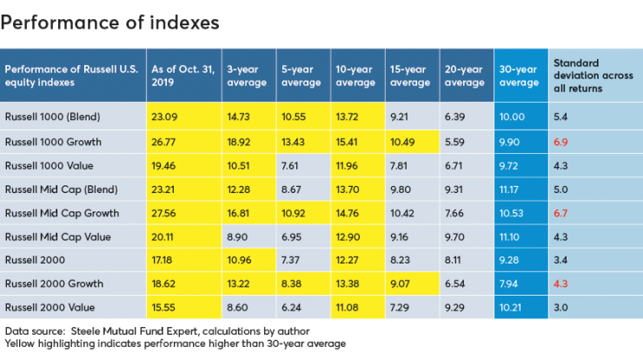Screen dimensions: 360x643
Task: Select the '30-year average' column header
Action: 520,76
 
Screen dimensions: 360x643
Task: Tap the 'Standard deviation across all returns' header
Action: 591,76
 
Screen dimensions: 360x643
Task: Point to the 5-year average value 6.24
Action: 291,308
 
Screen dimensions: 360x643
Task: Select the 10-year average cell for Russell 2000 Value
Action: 346,308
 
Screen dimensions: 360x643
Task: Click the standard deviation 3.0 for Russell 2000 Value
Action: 560,308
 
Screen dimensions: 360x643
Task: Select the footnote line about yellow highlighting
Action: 175,344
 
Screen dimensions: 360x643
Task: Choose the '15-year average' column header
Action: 408,76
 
